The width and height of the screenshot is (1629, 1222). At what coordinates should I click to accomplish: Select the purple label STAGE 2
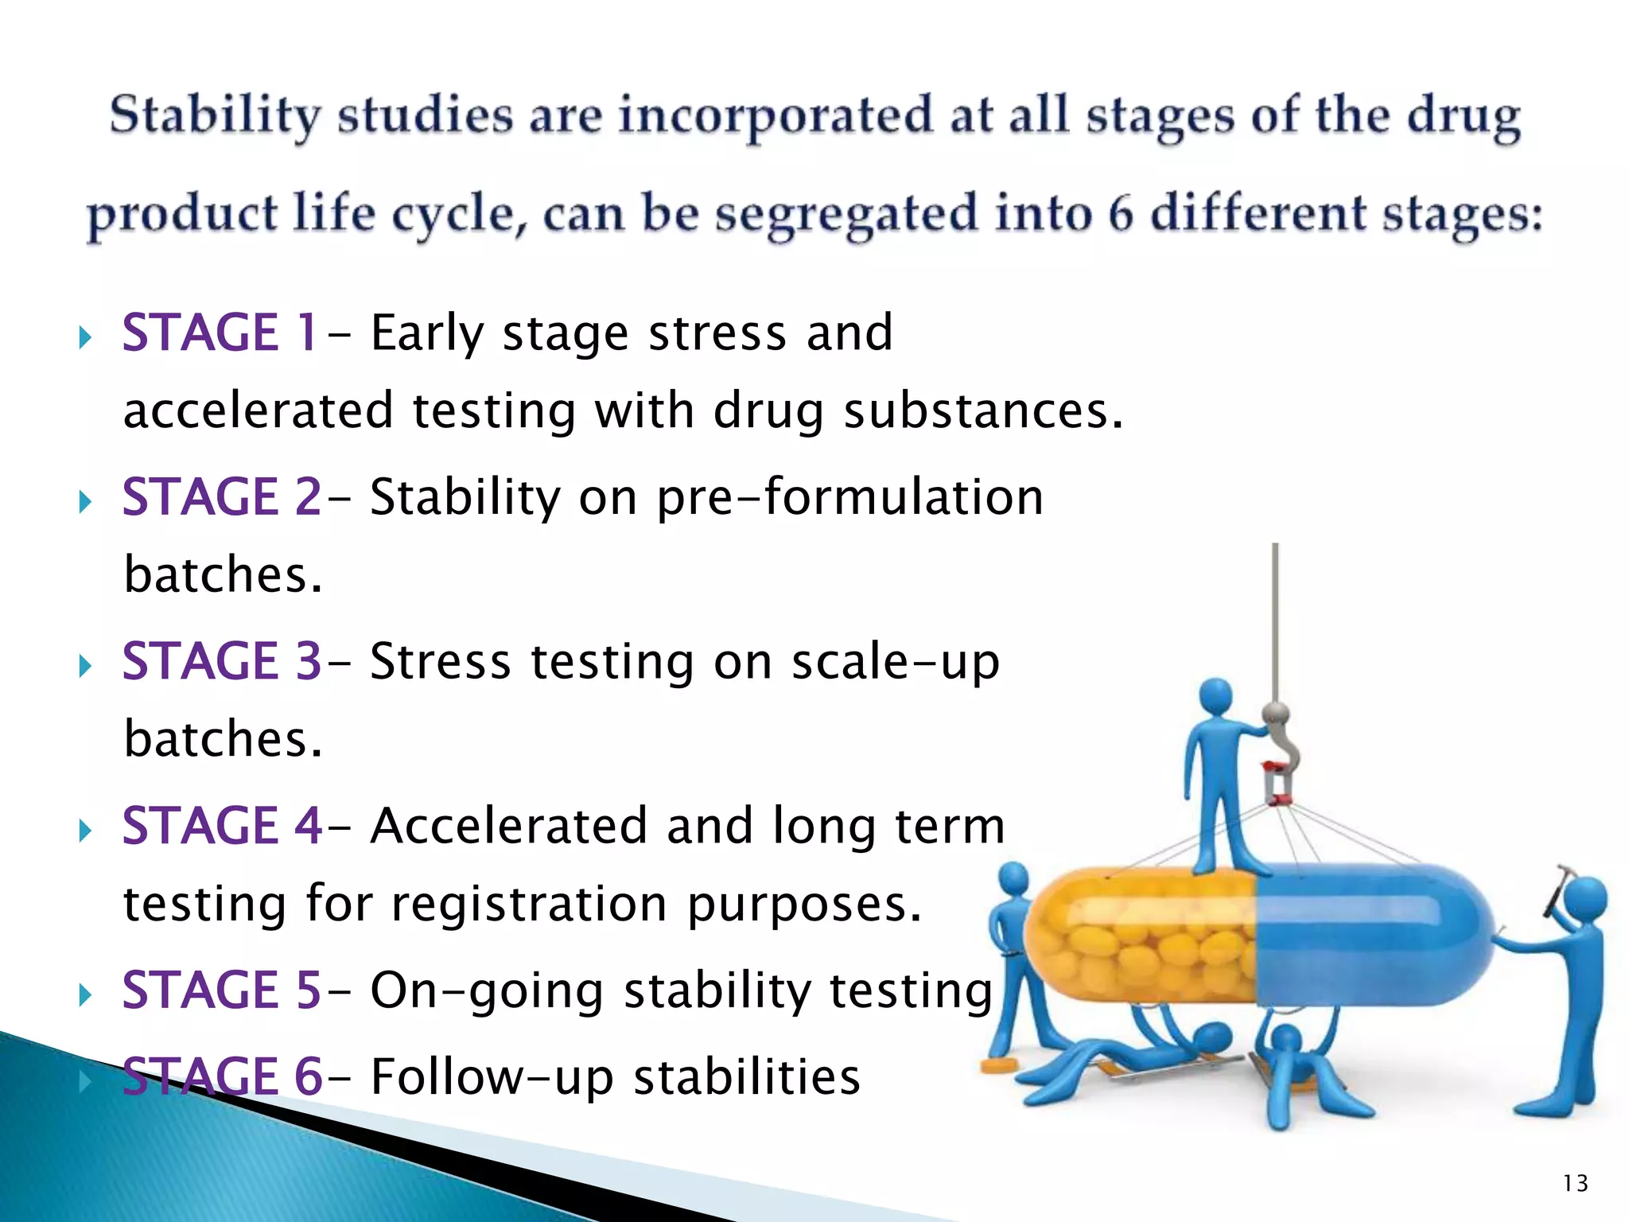click(222, 497)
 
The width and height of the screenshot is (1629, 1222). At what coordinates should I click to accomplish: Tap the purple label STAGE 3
click(222, 661)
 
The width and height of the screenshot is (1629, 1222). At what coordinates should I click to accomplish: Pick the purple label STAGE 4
click(222, 826)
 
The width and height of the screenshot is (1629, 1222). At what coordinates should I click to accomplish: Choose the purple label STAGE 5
click(222, 990)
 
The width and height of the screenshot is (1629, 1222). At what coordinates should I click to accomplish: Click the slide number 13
click(1575, 1184)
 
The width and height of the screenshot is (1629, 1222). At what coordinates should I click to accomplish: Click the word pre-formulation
click(849, 497)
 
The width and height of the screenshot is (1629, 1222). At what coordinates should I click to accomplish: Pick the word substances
click(983, 411)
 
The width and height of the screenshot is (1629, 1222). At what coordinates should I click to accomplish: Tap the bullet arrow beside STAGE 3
click(86, 665)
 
